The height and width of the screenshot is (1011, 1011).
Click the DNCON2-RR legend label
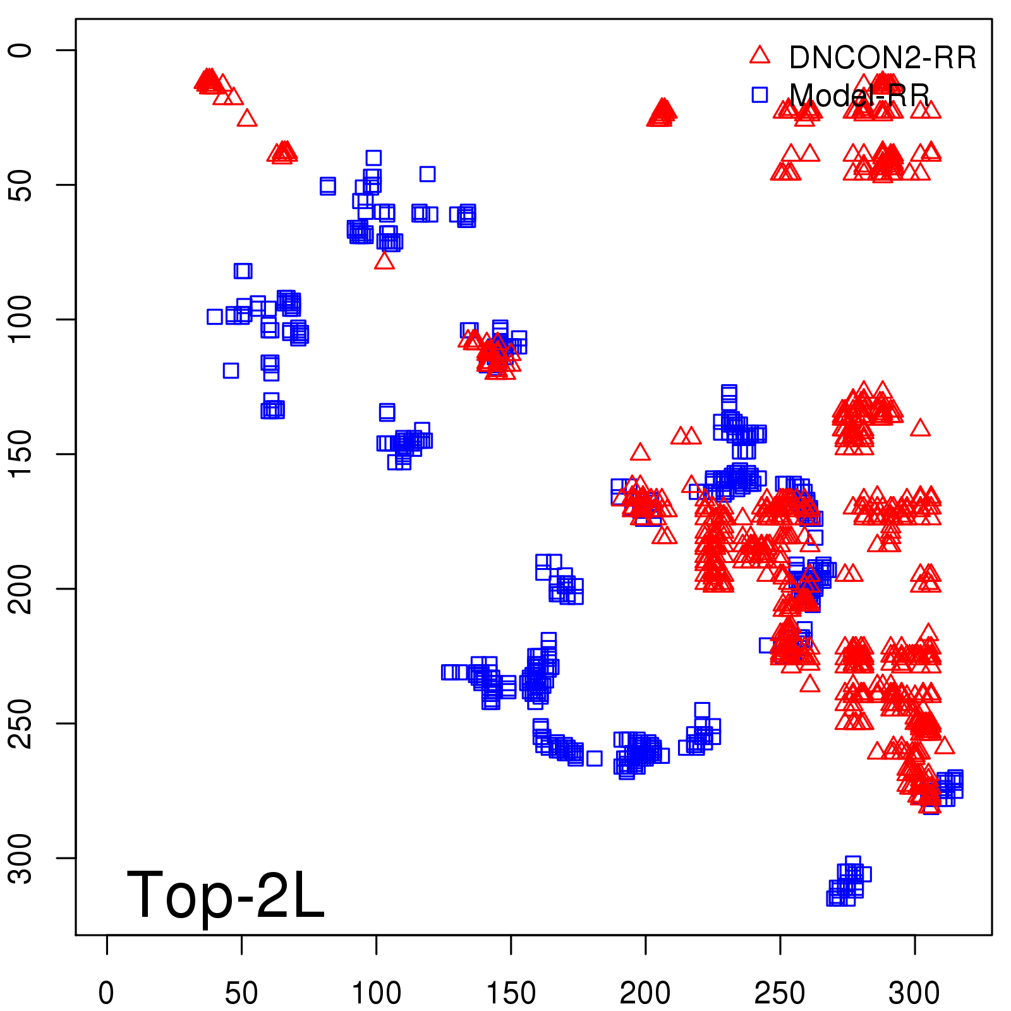point(882,58)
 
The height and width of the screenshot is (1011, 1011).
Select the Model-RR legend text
point(859,95)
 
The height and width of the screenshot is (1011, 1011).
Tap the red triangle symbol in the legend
point(760,55)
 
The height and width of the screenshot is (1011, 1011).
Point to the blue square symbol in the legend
point(760,95)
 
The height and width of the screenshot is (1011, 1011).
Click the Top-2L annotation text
point(226,895)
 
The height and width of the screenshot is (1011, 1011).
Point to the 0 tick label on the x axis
point(107,993)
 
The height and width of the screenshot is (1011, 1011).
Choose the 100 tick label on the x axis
point(376,993)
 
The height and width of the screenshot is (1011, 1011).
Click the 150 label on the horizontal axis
point(511,993)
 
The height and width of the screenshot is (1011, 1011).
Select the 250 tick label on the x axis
point(780,993)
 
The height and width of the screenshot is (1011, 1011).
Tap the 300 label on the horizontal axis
point(914,993)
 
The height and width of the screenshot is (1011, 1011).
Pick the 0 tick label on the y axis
point(21,50)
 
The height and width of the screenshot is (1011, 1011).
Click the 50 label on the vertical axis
point(21,185)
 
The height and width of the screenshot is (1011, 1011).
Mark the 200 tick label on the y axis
point(21,588)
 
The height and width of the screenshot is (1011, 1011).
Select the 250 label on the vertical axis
point(21,723)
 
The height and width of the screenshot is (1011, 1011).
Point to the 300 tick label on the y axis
point(21,857)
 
